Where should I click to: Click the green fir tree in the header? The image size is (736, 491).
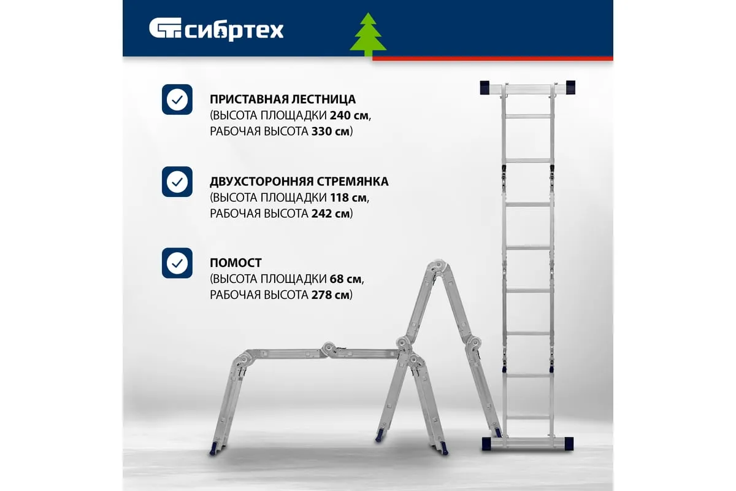[x=368, y=35]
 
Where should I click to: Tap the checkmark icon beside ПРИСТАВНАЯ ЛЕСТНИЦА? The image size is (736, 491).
[x=177, y=99]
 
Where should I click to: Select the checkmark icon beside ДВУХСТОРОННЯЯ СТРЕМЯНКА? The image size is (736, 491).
[x=177, y=182]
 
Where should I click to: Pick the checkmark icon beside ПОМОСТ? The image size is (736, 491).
[x=177, y=263]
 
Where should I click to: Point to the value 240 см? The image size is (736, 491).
[x=350, y=115]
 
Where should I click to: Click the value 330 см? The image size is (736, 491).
[x=330, y=131]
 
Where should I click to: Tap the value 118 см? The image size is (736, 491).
[x=348, y=198]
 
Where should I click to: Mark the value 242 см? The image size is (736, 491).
[x=330, y=214]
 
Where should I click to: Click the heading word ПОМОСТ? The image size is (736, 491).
[x=236, y=263]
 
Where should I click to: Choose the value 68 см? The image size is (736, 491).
[x=345, y=279]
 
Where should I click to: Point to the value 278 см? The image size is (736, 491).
[x=330, y=295]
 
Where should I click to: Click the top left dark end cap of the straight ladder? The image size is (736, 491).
[x=485, y=88]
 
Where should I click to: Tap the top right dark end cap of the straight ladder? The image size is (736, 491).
[x=571, y=88]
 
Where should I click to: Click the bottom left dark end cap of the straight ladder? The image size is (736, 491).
[x=486, y=444]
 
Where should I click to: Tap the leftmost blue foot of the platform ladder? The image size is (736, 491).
[x=213, y=449]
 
